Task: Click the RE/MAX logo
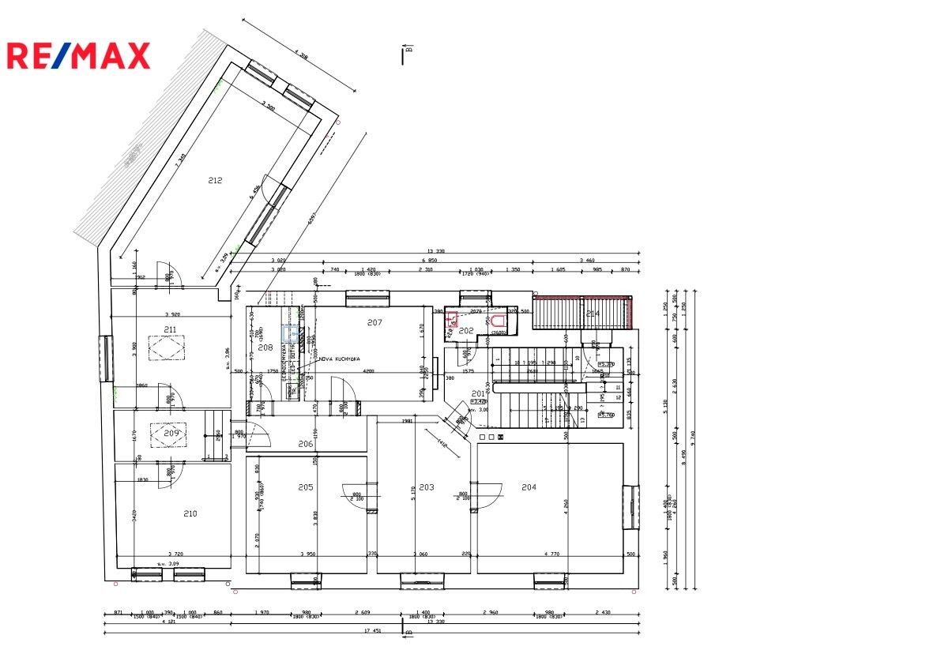pyautogui.click(x=78, y=55)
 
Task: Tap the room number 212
pyautogui.click(x=215, y=181)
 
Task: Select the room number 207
pyautogui.click(x=375, y=322)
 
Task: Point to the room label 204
pyautogui.click(x=529, y=487)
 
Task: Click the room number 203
pyautogui.click(x=427, y=487)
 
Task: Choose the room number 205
pyautogui.click(x=306, y=487)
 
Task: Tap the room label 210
pyautogui.click(x=190, y=514)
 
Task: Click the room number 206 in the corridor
pyautogui.click(x=306, y=444)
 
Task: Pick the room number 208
pyautogui.click(x=265, y=348)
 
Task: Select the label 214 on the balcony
pyautogui.click(x=593, y=314)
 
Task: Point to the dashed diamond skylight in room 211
pyautogui.click(x=166, y=348)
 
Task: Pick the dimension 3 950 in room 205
pyautogui.click(x=308, y=554)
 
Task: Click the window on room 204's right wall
pyautogui.click(x=632, y=507)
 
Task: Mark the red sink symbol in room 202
pyautogui.click(x=453, y=319)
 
